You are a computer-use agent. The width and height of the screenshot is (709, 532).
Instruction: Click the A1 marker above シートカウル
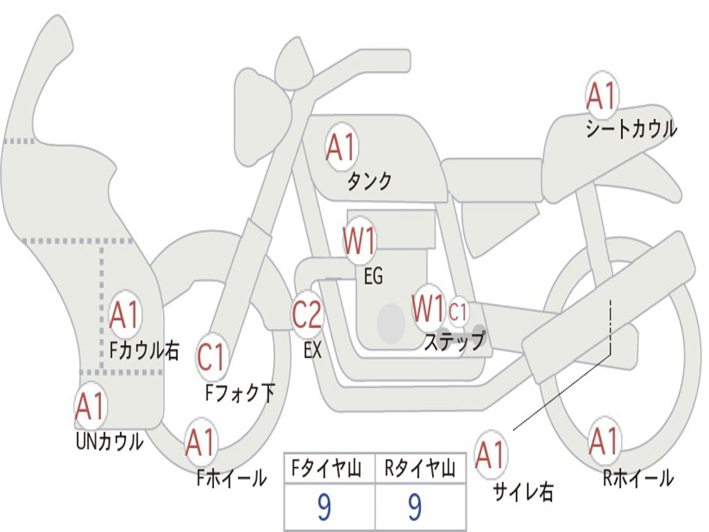coord(601,96)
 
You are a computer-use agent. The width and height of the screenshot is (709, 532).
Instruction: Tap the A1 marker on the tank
coord(341,147)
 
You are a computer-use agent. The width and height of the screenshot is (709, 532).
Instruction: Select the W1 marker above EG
coord(359,242)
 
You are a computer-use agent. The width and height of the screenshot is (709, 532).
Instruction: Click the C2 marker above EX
coord(307,315)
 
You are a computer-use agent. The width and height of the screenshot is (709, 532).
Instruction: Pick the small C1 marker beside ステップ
coord(458,312)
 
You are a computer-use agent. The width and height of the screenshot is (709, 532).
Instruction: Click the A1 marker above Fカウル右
coord(125,315)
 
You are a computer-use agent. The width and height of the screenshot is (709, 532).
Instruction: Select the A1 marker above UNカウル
coord(89,407)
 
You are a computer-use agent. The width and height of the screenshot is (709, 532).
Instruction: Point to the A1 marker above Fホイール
coord(201,442)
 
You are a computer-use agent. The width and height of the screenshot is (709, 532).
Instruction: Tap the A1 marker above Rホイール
coord(603,441)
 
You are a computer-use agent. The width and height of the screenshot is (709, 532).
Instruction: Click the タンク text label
coord(369,181)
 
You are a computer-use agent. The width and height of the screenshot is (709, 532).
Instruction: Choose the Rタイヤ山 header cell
coord(419,470)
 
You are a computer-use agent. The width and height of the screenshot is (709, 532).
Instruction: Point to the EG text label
coord(373,277)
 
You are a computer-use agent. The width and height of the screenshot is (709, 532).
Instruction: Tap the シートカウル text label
coord(631,130)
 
